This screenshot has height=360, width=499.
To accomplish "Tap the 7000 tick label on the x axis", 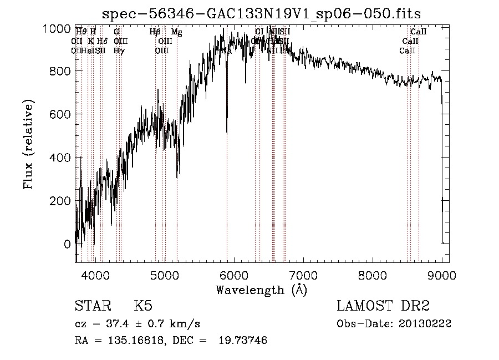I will tap(303, 275).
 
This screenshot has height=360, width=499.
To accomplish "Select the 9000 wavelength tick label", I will tap(442, 275).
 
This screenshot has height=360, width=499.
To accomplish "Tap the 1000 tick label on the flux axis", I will tap(57, 28).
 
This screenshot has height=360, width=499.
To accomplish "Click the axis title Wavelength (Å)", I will tap(261, 290).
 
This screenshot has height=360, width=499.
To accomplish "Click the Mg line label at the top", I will tap(176, 32).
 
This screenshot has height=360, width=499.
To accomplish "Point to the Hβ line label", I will tap(155, 32).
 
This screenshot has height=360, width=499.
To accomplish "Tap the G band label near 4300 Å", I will tap(116, 32).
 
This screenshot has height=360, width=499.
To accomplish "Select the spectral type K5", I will tap(142, 306).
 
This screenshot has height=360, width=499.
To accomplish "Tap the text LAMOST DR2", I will tap(383, 306).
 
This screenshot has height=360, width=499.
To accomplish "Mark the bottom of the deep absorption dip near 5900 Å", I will tap(226, 133).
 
